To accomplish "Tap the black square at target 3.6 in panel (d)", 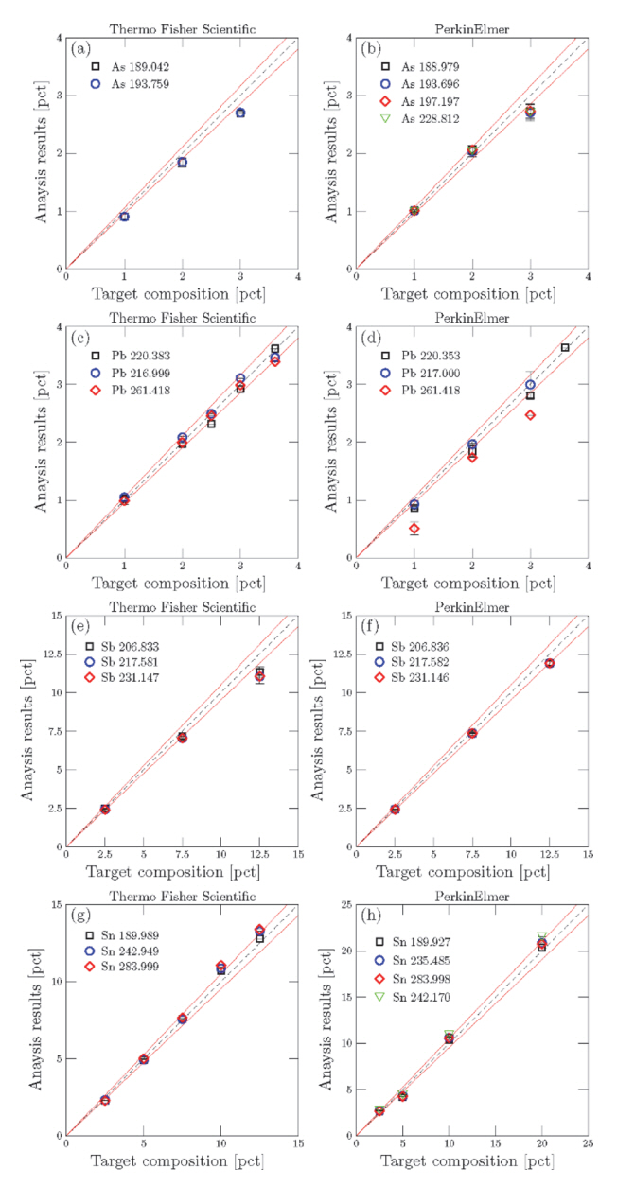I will pos(565,348).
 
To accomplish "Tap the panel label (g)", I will pos(79,918).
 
